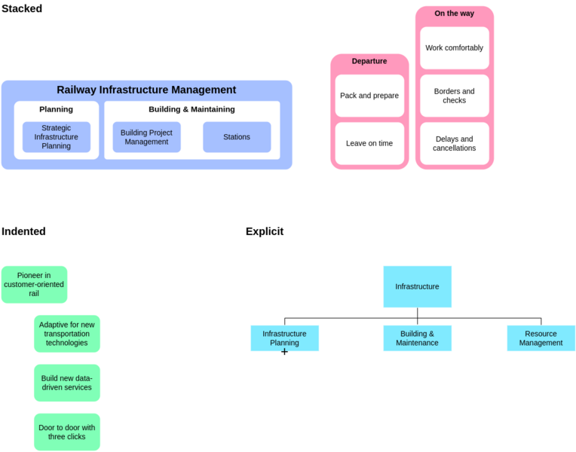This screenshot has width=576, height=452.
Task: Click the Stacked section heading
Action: click(x=21, y=9)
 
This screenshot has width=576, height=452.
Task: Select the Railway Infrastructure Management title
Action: click(x=146, y=90)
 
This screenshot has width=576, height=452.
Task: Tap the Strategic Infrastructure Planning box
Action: click(x=56, y=137)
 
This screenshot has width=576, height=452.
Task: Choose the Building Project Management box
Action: click(x=146, y=137)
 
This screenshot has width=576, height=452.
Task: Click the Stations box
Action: click(x=236, y=137)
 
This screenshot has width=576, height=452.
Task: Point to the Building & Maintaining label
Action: click(x=191, y=109)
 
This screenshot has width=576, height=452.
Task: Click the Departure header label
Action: click(x=369, y=61)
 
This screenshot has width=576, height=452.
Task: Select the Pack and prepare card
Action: click(x=369, y=96)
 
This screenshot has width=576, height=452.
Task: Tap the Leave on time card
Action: click(x=369, y=143)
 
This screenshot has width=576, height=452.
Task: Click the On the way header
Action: click(x=454, y=14)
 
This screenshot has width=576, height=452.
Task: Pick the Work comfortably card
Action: click(x=454, y=48)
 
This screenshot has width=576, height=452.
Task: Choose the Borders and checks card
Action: click(x=454, y=96)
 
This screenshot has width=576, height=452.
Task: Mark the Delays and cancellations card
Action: click(x=454, y=143)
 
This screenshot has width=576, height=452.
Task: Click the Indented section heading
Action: click(x=23, y=231)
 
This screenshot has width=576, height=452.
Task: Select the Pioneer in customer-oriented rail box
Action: click(x=34, y=284)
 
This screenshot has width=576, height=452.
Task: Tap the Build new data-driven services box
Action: click(x=66, y=383)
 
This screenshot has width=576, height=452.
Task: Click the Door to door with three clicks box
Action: click(x=66, y=432)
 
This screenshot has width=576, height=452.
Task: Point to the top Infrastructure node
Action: click(x=417, y=286)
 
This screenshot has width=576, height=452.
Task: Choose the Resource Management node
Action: click(x=541, y=338)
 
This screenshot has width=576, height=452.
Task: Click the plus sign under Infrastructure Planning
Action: click(x=284, y=352)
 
